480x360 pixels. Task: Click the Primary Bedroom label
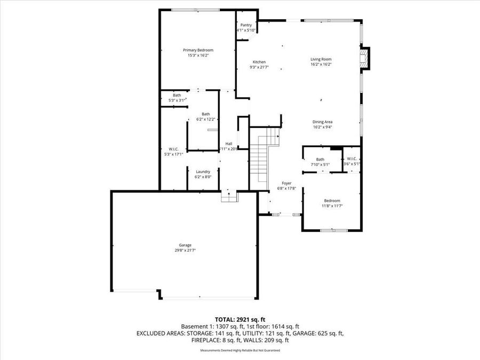pyautogui.click(x=197, y=50)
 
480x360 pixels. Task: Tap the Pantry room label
pyautogui.click(x=246, y=25)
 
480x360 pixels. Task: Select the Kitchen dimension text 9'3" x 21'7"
pyautogui.click(x=259, y=67)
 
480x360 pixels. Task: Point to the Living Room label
pyautogui.click(x=321, y=59)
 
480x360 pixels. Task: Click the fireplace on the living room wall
pyautogui.click(x=365, y=59)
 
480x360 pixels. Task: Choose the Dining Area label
pyautogui.click(x=322, y=122)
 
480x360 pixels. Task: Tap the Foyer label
pyautogui.click(x=286, y=183)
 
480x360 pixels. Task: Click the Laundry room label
pyautogui.click(x=203, y=171)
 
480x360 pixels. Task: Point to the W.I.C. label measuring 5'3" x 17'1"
pyautogui.click(x=173, y=149)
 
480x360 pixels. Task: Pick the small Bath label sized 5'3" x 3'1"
pyautogui.click(x=177, y=95)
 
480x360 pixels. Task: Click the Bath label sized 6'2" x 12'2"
pyautogui.click(x=205, y=114)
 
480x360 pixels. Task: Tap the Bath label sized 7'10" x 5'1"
pyautogui.click(x=320, y=159)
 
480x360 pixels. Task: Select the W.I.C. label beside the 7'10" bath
pyautogui.click(x=351, y=159)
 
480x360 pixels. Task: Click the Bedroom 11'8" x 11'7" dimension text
pyautogui.click(x=332, y=206)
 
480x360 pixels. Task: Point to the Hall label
pyautogui.click(x=228, y=144)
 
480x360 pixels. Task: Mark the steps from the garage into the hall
pyautogui.click(x=229, y=196)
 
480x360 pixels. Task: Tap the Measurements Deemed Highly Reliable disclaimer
pyautogui.click(x=239, y=350)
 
